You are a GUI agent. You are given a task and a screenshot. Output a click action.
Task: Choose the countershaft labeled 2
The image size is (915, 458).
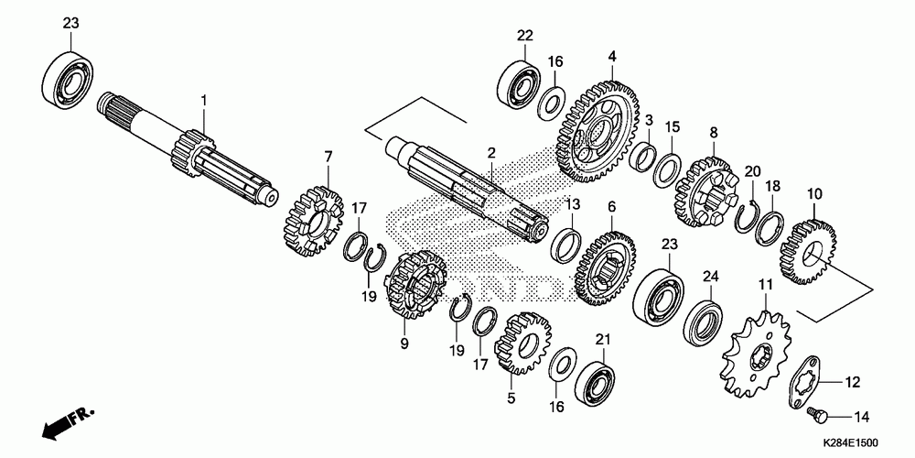467,188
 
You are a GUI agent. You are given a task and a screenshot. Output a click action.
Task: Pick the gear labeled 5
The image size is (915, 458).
522,343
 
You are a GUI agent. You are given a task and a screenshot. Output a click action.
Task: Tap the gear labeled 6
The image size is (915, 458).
607,266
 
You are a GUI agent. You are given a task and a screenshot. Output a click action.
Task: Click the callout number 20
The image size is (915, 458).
752,171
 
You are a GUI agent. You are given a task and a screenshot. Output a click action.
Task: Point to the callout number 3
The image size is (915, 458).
648,120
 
